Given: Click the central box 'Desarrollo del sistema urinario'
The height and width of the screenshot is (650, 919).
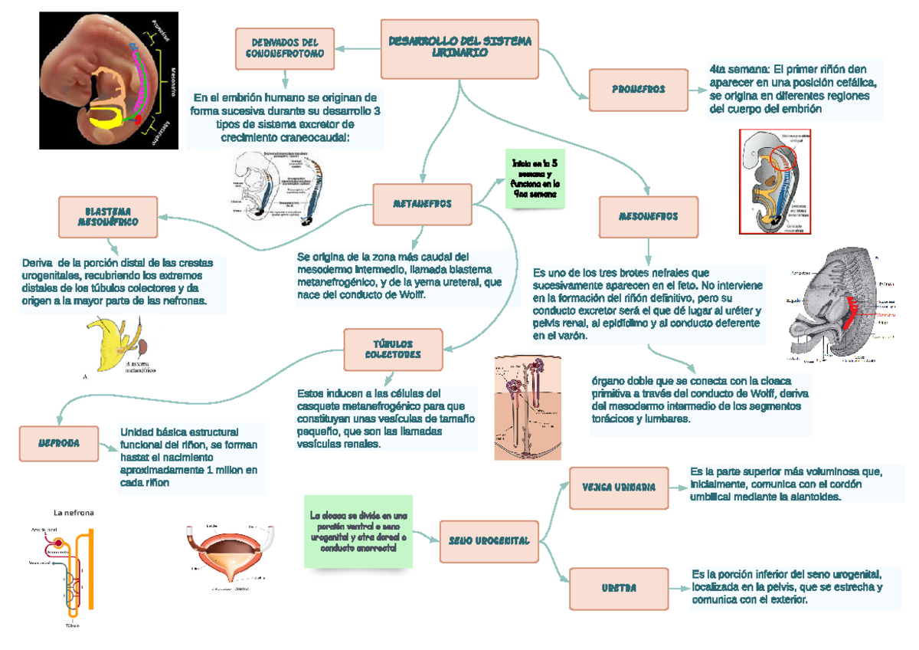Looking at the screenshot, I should (x=459, y=47).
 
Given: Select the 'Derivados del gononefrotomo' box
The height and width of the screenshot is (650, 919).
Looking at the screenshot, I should (x=284, y=48).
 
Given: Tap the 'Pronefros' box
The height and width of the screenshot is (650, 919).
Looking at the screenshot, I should (x=638, y=90).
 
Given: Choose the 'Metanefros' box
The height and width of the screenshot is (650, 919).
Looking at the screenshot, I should (x=422, y=205).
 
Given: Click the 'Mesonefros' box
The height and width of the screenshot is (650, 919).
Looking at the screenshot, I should (x=648, y=217).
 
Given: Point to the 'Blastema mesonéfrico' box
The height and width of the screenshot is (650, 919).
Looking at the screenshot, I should (x=108, y=216).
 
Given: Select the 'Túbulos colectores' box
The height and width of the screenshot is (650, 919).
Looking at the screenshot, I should (x=393, y=350).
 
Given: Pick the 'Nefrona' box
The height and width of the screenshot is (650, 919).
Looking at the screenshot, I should (x=59, y=444).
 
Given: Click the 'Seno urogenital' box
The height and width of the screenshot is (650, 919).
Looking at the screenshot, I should (x=489, y=541).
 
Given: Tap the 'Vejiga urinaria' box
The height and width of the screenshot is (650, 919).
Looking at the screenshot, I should (x=618, y=487).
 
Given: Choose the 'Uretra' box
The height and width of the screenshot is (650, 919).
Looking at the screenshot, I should (x=619, y=589).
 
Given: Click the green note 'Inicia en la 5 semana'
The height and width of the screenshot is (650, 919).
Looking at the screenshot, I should (x=534, y=179).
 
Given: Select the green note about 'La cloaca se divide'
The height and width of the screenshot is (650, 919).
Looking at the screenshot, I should (x=358, y=531).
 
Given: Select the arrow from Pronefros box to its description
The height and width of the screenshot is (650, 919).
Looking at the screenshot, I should (x=698, y=90).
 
